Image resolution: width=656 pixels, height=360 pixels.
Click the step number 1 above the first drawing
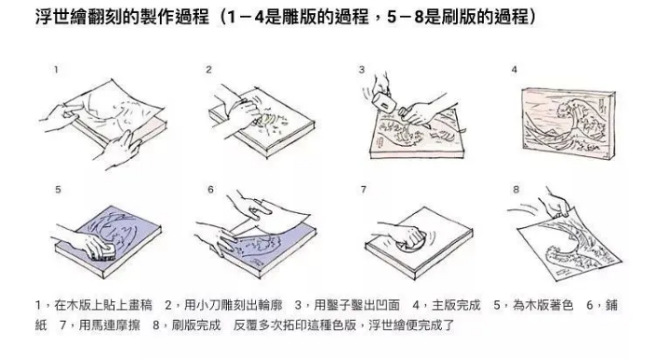pyautogui.click(x=56, y=70)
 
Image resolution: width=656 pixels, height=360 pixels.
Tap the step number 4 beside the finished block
pyautogui.click(x=515, y=70)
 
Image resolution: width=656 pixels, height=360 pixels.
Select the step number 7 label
pyautogui.click(x=363, y=190)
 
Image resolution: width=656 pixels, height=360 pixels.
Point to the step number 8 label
pyautogui.click(x=515, y=190)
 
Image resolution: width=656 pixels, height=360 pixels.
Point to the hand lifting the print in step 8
pyautogui.click(x=556, y=204)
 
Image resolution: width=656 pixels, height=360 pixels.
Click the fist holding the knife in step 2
pyautogui.click(x=244, y=111)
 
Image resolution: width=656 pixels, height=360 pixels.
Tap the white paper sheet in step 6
pyautogui.click(x=274, y=219)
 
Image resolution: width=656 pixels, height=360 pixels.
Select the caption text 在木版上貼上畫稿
pyautogui.click(x=103, y=305)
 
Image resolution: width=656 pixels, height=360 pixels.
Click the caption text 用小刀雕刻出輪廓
pyautogui.click(x=234, y=305)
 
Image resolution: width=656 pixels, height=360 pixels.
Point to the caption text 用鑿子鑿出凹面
pyautogui.click(x=357, y=305)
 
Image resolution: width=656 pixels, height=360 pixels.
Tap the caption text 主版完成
pyautogui.click(x=456, y=305)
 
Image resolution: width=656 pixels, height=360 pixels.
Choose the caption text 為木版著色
pyautogui.click(x=543, y=305)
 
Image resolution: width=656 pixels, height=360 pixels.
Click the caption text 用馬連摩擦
pyautogui.click(x=110, y=325)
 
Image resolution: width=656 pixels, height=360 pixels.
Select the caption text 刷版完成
pyautogui.click(x=196, y=325)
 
